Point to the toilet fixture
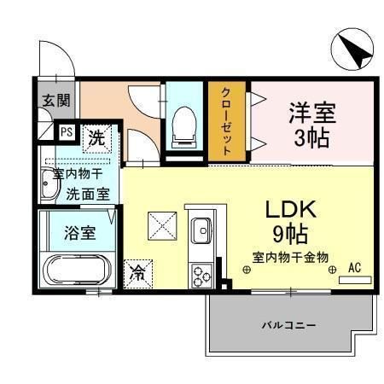tap(180, 126)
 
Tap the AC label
tap(355, 268)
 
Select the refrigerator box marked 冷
tap(137, 272)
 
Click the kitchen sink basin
tap(202, 230)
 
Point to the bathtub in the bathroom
tap(74, 271)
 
